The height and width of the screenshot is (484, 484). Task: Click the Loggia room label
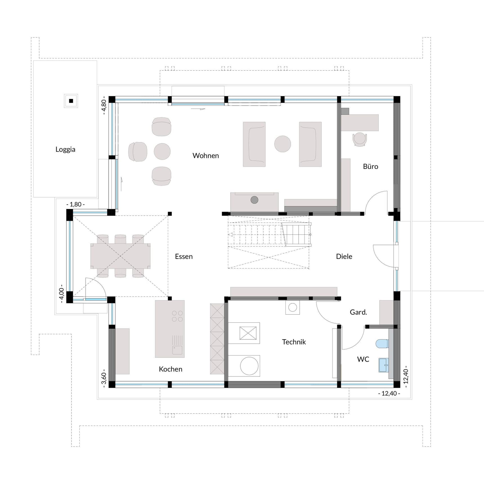tap(65, 149)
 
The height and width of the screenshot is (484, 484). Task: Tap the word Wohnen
tap(205, 156)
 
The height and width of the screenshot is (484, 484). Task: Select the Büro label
tap(370, 167)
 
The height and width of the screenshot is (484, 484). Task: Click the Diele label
tap(344, 256)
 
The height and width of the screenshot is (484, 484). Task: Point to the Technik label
tap(294, 342)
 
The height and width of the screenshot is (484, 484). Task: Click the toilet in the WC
tap(382, 344)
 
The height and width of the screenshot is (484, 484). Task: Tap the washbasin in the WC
tap(383, 365)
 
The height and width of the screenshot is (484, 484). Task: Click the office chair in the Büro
tap(360, 139)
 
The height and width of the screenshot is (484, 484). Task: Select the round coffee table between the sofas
tap(283, 144)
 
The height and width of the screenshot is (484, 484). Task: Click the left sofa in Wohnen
tap(254, 144)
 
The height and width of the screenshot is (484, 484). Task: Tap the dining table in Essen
tap(120, 256)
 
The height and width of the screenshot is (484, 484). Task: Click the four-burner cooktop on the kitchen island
tap(177, 316)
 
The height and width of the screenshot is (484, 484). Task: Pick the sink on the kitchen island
tap(177, 350)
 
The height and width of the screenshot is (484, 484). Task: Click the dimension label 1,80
tap(75, 204)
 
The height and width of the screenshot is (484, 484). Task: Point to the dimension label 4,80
tap(104, 105)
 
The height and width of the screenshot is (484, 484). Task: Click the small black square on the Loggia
tap(71, 101)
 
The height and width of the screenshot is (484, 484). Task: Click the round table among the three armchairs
tap(162, 151)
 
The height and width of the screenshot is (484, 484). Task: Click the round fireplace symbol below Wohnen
tap(254, 200)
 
